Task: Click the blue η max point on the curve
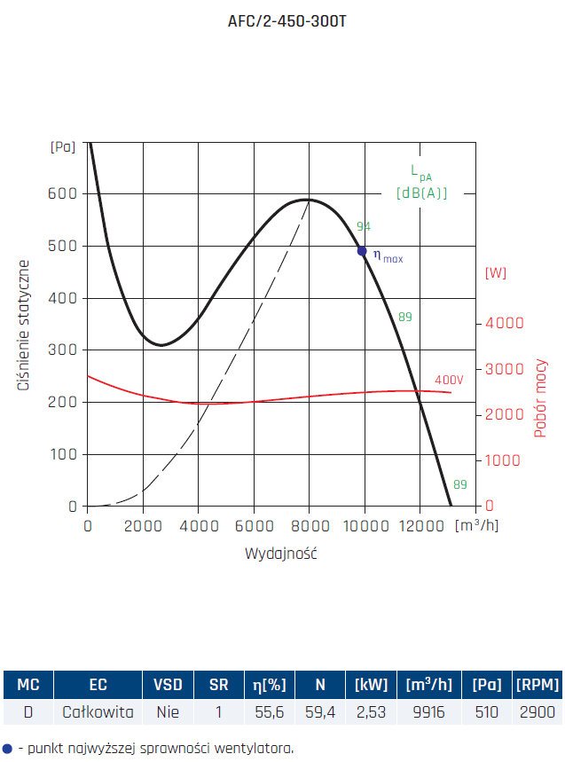tap(362, 251)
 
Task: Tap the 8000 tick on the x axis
tap(309, 526)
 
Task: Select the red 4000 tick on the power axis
tap(506, 323)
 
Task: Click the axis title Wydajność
tap(281, 554)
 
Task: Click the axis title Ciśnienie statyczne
tap(24, 326)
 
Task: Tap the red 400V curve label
tap(449, 380)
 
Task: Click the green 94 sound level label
tap(364, 226)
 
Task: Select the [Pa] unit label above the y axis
tap(64, 147)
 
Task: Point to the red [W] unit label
tap(496, 273)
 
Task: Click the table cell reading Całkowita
tap(98, 711)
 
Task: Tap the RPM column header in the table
tap(538, 685)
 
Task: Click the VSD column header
tap(169, 685)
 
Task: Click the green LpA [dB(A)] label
tap(421, 183)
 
